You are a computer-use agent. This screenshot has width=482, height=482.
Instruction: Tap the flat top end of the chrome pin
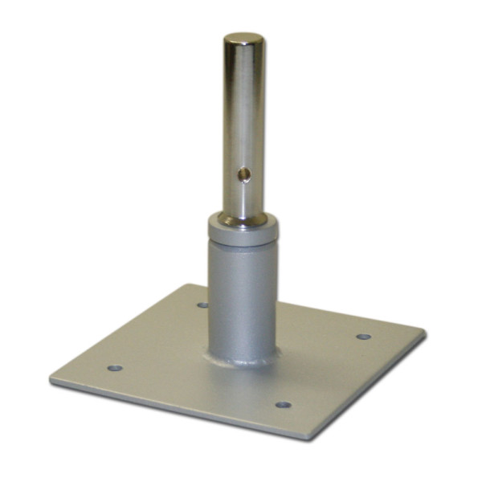(x=244, y=38)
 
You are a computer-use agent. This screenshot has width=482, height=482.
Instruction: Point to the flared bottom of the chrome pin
(x=244, y=218)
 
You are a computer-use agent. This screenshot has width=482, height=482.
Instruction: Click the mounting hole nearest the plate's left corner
(x=115, y=368)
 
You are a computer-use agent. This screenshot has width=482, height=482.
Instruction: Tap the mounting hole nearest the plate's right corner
(x=364, y=337)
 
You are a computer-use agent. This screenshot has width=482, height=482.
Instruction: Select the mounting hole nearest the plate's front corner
(x=282, y=404)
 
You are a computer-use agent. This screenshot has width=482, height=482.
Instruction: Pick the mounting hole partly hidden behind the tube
(x=202, y=305)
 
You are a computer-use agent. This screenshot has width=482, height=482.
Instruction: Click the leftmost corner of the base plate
(x=51, y=377)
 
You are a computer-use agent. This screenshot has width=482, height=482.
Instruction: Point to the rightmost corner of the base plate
(x=423, y=330)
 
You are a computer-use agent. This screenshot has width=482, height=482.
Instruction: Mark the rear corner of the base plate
(x=189, y=285)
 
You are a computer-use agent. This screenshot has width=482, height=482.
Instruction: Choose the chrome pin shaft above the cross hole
(x=244, y=104)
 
